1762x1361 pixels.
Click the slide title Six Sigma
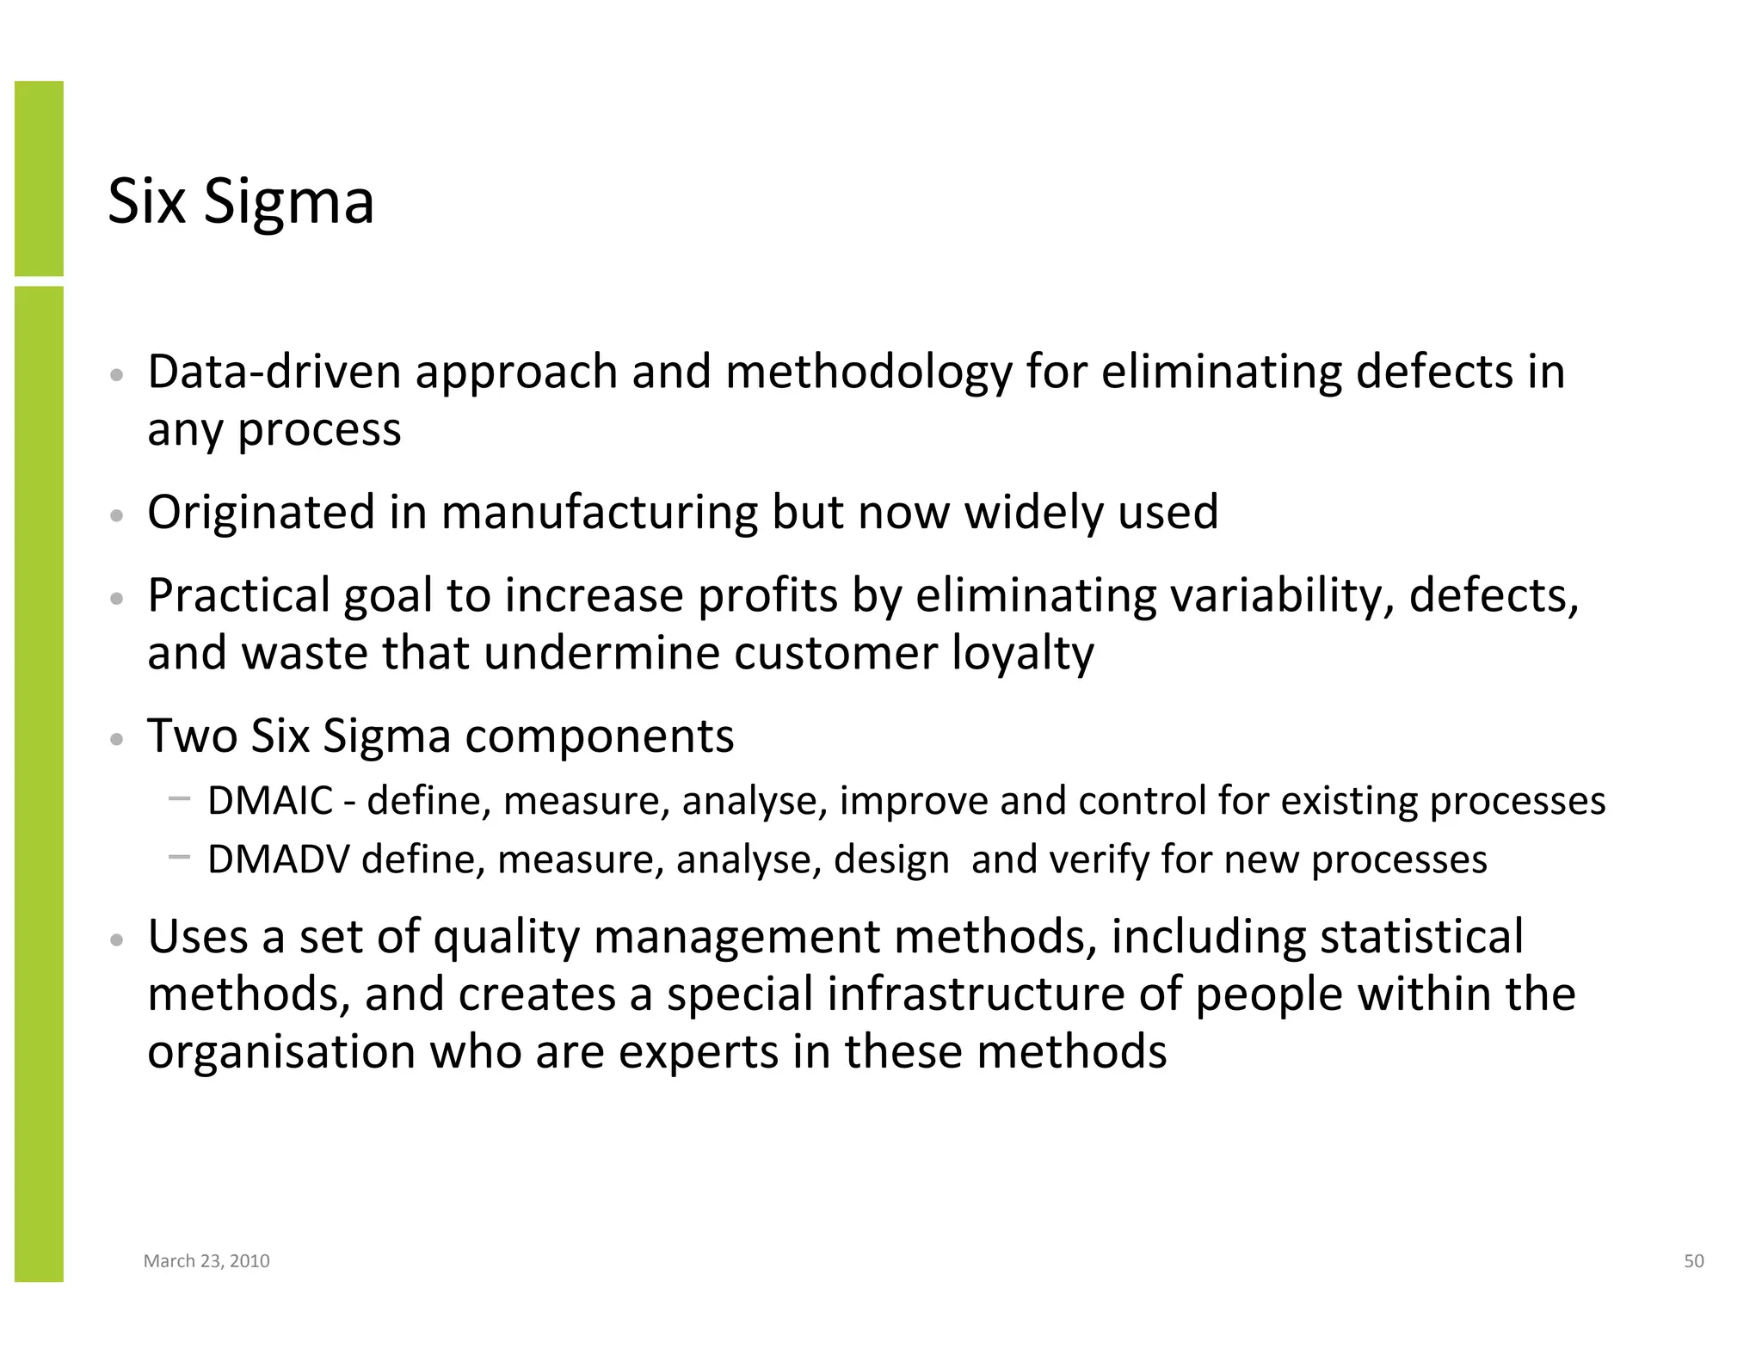(x=240, y=202)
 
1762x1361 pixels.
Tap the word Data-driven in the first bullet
(x=274, y=373)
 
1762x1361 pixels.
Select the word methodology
(x=868, y=373)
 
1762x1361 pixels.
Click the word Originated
(x=261, y=513)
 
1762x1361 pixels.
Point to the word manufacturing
(x=599, y=513)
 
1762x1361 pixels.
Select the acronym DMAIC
(x=270, y=801)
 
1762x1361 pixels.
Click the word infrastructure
(x=976, y=995)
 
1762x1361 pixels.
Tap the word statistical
(x=1421, y=937)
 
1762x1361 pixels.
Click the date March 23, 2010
(x=206, y=1261)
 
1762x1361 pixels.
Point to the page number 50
(x=1693, y=1261)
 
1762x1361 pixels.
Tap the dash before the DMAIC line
(x=180, y=798)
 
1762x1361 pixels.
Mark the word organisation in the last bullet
(x=281, y=1052)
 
